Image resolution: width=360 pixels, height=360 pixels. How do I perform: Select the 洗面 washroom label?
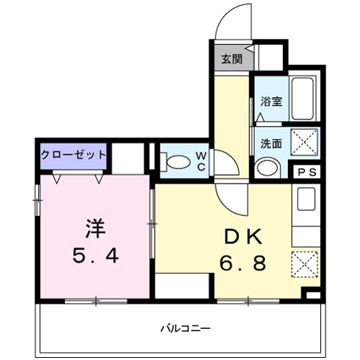[271, 143]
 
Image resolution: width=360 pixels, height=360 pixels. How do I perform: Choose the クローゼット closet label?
[73, 154]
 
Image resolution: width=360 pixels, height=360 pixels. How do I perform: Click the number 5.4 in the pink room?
[94, 255]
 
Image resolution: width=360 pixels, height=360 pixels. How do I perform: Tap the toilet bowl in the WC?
[174, 163]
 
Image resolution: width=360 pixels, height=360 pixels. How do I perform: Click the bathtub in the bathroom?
[303, 99]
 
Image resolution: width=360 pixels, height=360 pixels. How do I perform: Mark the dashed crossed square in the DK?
[304, 263]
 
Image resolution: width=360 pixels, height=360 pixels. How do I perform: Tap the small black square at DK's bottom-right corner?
[312, 294]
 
